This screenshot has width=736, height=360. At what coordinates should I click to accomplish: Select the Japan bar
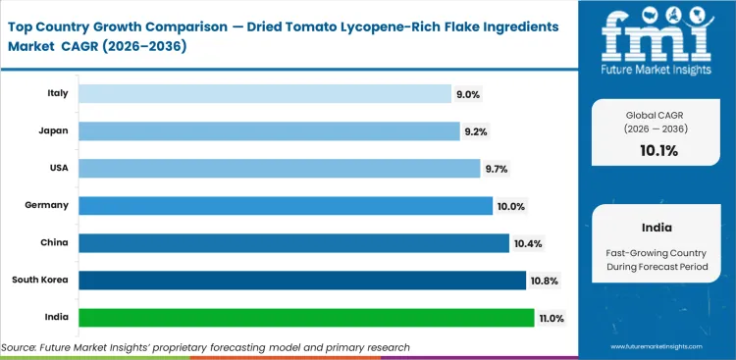click(268, 130)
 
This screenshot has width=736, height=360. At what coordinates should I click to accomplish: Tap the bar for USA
click(279, 168)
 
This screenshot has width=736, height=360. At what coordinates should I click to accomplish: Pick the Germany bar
click(285, 205)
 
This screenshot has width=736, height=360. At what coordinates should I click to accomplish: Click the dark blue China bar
click(293, 242)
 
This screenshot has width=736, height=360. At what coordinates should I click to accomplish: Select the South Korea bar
click(301, 281)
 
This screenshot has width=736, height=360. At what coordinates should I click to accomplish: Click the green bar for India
click(306, 318)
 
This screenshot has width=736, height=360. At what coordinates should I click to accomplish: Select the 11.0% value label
click(551, 318)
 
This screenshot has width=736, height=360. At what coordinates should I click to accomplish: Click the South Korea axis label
click(41, 281)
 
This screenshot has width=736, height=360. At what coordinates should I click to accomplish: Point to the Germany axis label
click(47, 205)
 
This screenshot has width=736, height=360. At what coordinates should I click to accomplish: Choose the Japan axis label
click(52, 130)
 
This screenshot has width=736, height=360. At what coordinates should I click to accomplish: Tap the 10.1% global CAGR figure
click(659, 150)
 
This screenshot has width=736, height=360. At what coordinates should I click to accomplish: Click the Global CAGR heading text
click(659, 114)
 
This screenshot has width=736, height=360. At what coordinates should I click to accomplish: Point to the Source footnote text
click(206, 347)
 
